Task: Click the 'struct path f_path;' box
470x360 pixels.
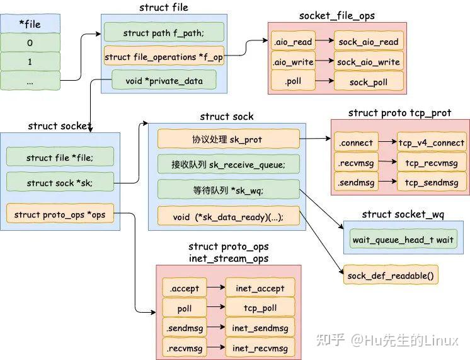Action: pos(164,33)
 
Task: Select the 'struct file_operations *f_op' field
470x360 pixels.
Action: pos(164,57)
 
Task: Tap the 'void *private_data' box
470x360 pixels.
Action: pos(164,80)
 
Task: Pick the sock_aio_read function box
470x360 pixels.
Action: pos(368,42)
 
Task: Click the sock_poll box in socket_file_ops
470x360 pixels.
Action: pos(368,82)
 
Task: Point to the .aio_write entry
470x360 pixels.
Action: pos(292,62)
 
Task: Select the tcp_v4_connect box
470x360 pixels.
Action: pos(432,142)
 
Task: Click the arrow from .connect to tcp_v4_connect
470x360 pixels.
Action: pos(387,142)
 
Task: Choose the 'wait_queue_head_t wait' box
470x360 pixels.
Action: pos(403,240)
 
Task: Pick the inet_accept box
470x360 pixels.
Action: pos(260,288)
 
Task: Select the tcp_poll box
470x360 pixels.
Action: pos(260,308)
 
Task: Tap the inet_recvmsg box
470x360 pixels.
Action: pos(260,347)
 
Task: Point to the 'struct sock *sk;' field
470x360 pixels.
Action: pos(60,183)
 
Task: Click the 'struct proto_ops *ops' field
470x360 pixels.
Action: pos(60,214)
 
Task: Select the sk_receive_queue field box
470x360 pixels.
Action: pos(227,165)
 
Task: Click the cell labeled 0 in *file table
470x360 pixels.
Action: pos(30,43)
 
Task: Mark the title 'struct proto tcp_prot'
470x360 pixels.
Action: pos(399,113)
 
